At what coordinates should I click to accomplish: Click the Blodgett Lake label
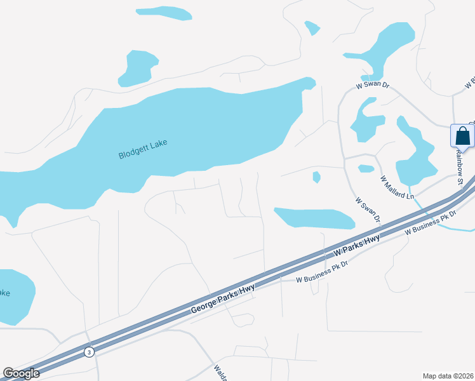click(x=143, y=149)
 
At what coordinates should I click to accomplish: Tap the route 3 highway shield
click(x=90, y=352)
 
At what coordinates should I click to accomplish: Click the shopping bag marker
click(x=463, y=137)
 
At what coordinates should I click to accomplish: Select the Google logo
click(x=22, y=373)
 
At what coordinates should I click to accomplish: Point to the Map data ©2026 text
click(x=448, y=375)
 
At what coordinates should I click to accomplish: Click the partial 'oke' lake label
click(x=4, y=293)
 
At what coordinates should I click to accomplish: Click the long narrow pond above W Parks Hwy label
click(x=314, y=218)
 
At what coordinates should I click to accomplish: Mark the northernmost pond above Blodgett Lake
click(x=164, y=13)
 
